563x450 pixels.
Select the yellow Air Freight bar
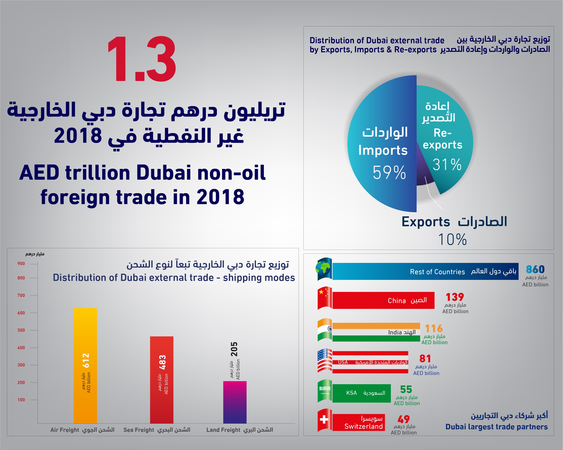[85, 365]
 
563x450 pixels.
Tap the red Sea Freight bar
[162, 380]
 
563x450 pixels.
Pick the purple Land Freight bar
[235, 402]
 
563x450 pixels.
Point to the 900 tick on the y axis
[21, 264]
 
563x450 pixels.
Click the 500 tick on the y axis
[21, 330]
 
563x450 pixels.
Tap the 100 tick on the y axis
[21, 400]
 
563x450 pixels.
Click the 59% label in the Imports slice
[389, 172]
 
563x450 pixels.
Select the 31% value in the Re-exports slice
[447, 165]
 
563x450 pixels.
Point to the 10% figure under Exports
[452, 239]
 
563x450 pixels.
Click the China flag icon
[325, 298]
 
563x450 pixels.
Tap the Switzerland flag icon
[325, 420]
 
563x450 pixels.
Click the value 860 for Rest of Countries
[535, 269]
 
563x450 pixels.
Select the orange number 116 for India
[434, 328]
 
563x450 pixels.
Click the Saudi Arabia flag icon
[325, 391]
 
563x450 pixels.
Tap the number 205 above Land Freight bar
[234, 349]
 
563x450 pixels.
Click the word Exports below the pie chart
[426, 222]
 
